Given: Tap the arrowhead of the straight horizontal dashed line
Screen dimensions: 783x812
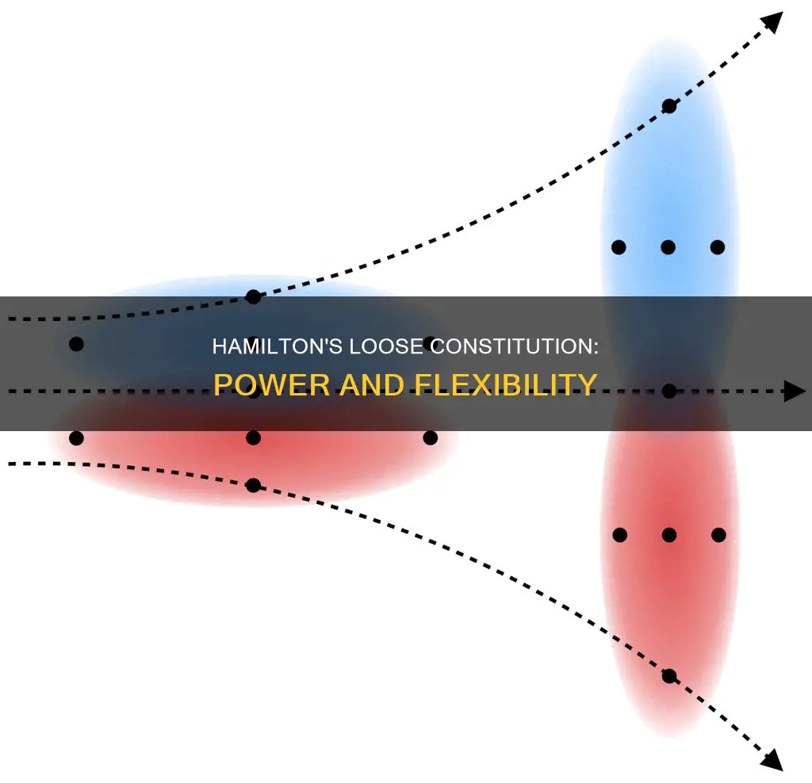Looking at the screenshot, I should click(795, 391).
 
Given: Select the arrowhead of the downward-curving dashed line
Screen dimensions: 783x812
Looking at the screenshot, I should click(772, 762).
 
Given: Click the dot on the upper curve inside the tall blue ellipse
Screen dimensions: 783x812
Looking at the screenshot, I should click(669, 106).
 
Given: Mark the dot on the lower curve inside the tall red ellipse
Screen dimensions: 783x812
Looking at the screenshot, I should click(669, 676).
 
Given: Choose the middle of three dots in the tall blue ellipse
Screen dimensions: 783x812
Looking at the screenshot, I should click(668, 247).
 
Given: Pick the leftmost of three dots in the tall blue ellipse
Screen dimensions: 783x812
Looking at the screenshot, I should click(619, 247).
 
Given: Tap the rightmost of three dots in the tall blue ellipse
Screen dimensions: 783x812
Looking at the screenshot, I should click(718, 247).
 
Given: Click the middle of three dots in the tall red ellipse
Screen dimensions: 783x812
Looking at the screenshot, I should click(668, 535).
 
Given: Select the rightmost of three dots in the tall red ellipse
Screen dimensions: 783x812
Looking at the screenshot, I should click(718, 535).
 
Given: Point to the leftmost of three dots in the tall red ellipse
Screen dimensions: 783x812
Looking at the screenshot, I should click(620, 535).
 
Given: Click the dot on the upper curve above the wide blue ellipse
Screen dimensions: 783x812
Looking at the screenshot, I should click(253, 297).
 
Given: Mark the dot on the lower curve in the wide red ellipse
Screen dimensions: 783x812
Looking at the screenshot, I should click(253, 485).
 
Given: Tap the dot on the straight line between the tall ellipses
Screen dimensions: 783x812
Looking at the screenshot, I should click(669, 391).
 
